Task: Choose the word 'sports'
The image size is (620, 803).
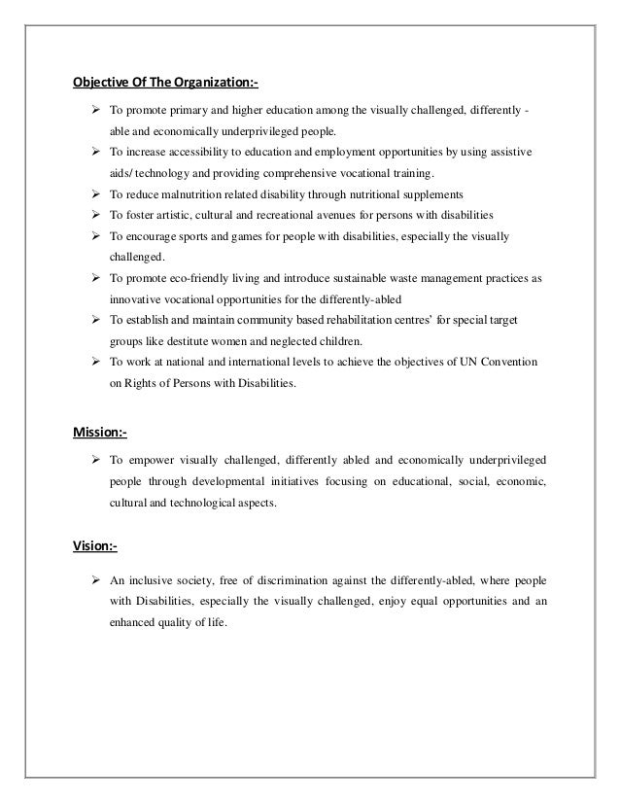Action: [202, 236]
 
